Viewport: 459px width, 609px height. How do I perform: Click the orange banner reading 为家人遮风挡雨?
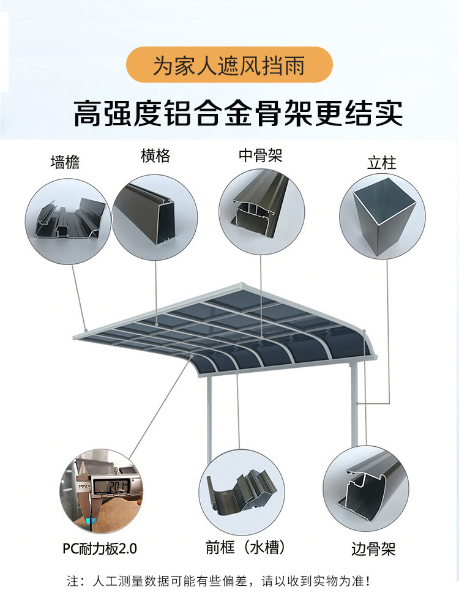pos(229,65)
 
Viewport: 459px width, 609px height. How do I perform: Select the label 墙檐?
pos(65,162)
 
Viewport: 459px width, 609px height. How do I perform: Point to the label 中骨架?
pos(261,155)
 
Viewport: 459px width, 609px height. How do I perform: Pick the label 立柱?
pos(382,163)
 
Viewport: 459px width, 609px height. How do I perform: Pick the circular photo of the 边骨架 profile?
pos(365,493)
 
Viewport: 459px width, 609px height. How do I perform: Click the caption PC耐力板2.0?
pos(99,548)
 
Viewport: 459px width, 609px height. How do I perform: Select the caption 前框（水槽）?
pos(245,547)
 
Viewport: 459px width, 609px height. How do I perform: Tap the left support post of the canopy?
pos(210,416)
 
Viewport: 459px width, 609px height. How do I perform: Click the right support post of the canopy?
pos(354,404)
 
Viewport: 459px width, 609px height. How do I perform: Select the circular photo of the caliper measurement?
pos(100,493)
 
